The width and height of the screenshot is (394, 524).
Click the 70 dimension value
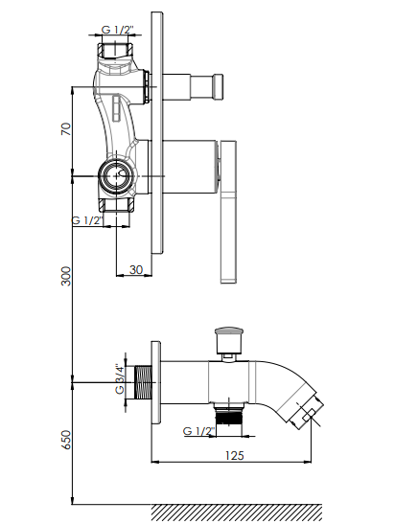[x=66, y=129]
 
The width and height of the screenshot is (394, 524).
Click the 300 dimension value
[x=66, y=276]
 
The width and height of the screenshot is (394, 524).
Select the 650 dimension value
[x=66, y=440]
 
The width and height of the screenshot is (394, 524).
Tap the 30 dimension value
[x=136, y=270]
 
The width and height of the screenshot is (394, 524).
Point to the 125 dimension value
[x=235, y=455]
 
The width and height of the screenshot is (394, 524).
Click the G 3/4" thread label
[x=120, y=379]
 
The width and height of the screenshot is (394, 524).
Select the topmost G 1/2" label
[x=117, y=30]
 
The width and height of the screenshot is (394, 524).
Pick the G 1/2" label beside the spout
[x=198, y=431]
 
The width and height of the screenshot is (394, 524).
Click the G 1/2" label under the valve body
[x=87, y=220]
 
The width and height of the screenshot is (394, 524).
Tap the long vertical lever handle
[x=228, y=213]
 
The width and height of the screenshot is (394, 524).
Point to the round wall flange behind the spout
[x=156, y=382]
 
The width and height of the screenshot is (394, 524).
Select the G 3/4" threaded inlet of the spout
[x=143, y=382]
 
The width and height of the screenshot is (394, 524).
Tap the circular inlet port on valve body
[x=116, y=175]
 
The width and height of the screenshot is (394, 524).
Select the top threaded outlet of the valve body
[x=115, y=50]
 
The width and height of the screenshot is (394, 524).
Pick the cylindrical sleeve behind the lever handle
[x=188, y=167]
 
